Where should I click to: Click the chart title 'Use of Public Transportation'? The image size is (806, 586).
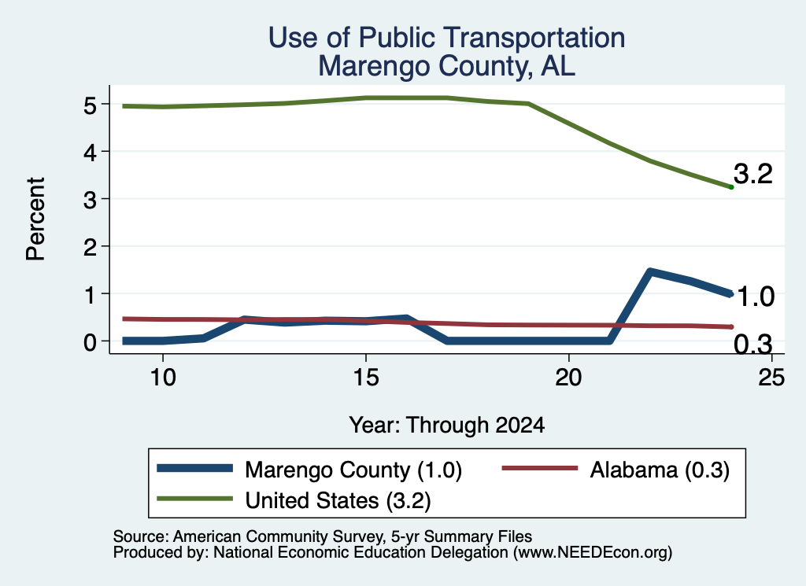pyautogui.click(x=447, y=38)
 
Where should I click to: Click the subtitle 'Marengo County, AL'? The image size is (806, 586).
pyautogui.click(x=447, y=66)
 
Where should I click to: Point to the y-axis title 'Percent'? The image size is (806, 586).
pyautogui.click(x=35, y=219)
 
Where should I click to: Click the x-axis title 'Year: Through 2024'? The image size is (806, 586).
pyautogui.click(x=447, y=426)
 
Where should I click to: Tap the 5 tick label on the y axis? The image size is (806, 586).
pyautogui.click(x=90, y=105)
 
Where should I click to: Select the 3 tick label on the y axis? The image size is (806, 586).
pyautogui.click(x=90, y=200)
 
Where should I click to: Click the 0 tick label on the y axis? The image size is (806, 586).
pyautogui.click(x=90, y=342)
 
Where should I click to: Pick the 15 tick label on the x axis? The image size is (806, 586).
pyautogui.click(x=366, y=378)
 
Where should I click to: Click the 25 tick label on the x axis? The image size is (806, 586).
pyautogui.click(x=771, y=378)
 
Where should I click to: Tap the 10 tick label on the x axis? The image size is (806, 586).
pyautogui.click(x=163, y=378)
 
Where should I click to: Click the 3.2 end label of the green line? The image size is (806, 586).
pyautogui.click(x=753, y=174)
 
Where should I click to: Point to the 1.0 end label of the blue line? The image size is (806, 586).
pyautogui.click(x=755, y=297)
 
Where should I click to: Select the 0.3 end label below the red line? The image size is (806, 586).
pyautogui.click(x=753, y=344)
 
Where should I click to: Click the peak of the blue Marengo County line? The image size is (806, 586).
pyautogui.click(x=650, y=271)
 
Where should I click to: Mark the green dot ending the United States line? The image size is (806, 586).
pyautogui.click(x=731, y=187)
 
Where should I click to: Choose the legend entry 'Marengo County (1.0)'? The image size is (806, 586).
pyautogui.click(x=309, y=470)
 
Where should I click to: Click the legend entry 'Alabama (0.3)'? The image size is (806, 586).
pyautogui.click(x=616, y=470)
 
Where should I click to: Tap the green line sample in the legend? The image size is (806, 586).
pyautogui.click(x=195, y=499)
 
